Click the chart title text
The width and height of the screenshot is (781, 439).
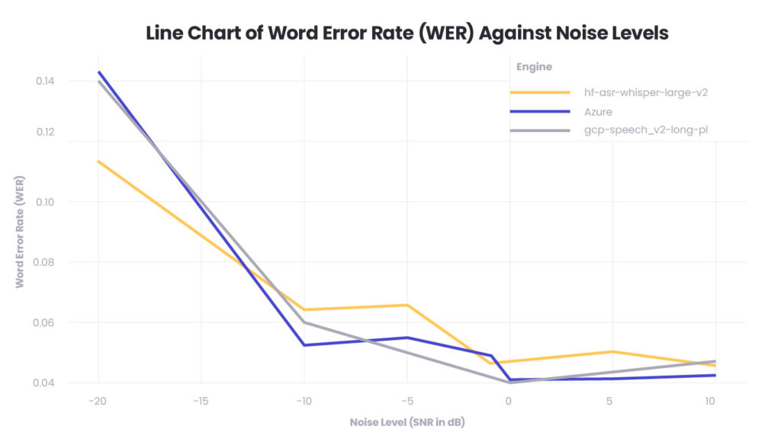407,33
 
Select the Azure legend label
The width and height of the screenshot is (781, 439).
598,111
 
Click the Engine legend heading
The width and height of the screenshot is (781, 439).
534,67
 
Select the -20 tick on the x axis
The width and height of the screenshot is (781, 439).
97,400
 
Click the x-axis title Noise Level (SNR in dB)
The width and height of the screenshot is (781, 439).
407,421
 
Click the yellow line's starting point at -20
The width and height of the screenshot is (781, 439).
98,161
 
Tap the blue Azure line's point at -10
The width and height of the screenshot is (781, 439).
304,345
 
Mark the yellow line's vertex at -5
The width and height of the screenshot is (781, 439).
407,305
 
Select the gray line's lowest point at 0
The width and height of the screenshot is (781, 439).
509,383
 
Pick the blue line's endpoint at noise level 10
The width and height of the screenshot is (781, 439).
715,375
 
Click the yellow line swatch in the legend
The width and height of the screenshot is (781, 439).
540,92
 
